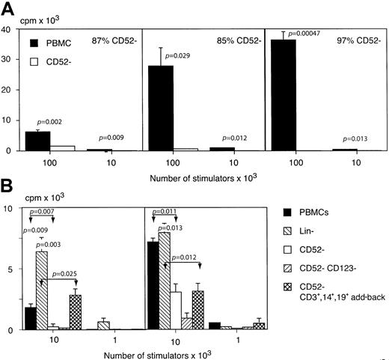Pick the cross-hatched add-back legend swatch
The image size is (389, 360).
[297, 295]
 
